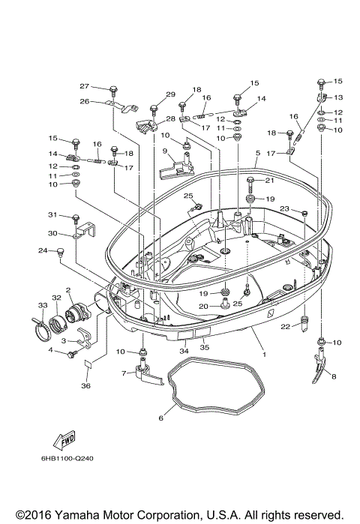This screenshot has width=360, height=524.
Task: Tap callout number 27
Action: click(x=85, y=85)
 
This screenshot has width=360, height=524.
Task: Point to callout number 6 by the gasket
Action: click(x=160, y=418)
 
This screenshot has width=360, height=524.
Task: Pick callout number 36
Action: click(x=85, y=386)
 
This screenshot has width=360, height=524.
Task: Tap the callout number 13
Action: click(x=337, y=97)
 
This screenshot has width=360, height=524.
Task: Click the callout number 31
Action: click(x=52, y=216)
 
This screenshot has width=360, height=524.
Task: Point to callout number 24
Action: click(x=42, y=250)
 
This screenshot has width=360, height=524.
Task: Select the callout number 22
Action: click(x=284, y=326)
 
